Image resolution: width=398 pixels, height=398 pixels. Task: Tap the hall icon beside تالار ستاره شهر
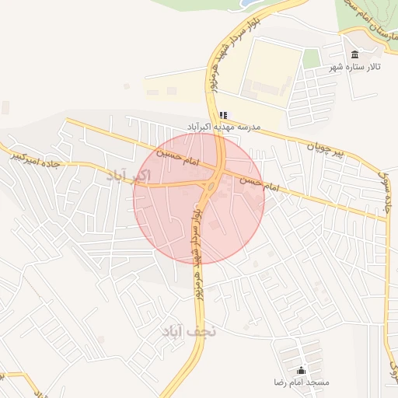[x=355, y=54]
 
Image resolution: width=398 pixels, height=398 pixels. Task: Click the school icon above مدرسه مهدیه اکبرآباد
[x=223, y=115]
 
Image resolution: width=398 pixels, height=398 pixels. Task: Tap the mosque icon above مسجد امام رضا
[x=301, y=370]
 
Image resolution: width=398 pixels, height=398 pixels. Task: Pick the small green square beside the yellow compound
[x=312, y=58]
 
